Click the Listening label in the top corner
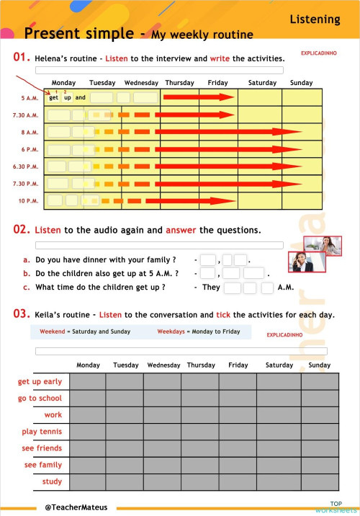pos(315,19)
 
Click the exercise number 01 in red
pos(21,58)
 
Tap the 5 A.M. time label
pos(30,98)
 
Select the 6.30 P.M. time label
pos(25,166)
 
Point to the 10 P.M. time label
pos(29,200)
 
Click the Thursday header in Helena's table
pos(179,83)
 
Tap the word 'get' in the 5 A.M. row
pos(54,98)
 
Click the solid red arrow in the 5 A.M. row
pos(199,97)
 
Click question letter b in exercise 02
pos(27,274)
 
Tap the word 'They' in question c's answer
pos(211,287)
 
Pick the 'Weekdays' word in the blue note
pos(172,332)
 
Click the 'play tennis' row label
pos(42,432)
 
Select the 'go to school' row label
pos(40,399)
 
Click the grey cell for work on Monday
pos(88,415)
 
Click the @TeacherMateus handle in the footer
pos(76,507)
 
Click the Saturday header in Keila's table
pos(279,365)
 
